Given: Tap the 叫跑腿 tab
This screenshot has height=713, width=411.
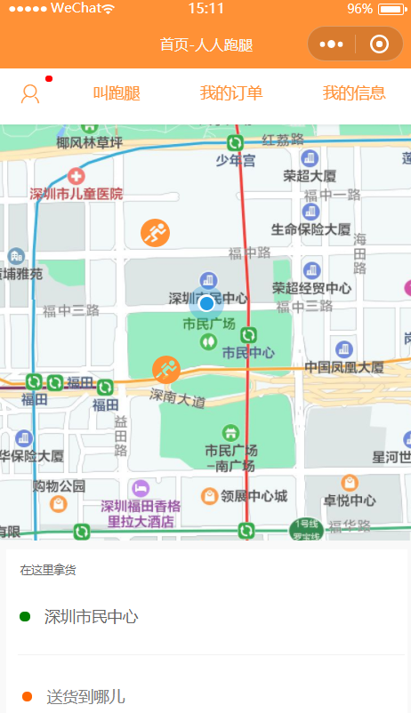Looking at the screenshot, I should (117, 93).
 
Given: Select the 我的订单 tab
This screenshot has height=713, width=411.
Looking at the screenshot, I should (230, 93).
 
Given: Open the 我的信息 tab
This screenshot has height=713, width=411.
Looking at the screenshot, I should (353, 93).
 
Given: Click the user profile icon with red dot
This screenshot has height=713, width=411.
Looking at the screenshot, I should (31, 93).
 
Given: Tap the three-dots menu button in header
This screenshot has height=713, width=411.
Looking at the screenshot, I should (331, 44).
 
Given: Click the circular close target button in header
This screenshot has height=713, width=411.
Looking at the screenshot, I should (379, 44).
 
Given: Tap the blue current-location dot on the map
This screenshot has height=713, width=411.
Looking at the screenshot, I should (206, 303).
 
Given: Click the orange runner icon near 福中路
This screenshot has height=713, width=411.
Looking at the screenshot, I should (155, 233).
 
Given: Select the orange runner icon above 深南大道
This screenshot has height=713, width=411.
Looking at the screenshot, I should (165, 369).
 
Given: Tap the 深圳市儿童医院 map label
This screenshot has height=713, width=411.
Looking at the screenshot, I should (77, 193).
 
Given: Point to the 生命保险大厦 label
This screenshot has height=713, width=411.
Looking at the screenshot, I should (311, 228).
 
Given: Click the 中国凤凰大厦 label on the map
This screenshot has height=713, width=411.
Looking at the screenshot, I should (343, 366).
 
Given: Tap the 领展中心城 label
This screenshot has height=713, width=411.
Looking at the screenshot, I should (254, 495).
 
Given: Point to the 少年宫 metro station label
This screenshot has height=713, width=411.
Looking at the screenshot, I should (235, 160).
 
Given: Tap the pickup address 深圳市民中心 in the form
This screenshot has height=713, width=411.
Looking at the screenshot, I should (92, 616).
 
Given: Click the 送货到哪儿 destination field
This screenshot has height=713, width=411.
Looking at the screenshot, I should (85, 696).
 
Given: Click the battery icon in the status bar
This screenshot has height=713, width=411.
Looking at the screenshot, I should (391, 9).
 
